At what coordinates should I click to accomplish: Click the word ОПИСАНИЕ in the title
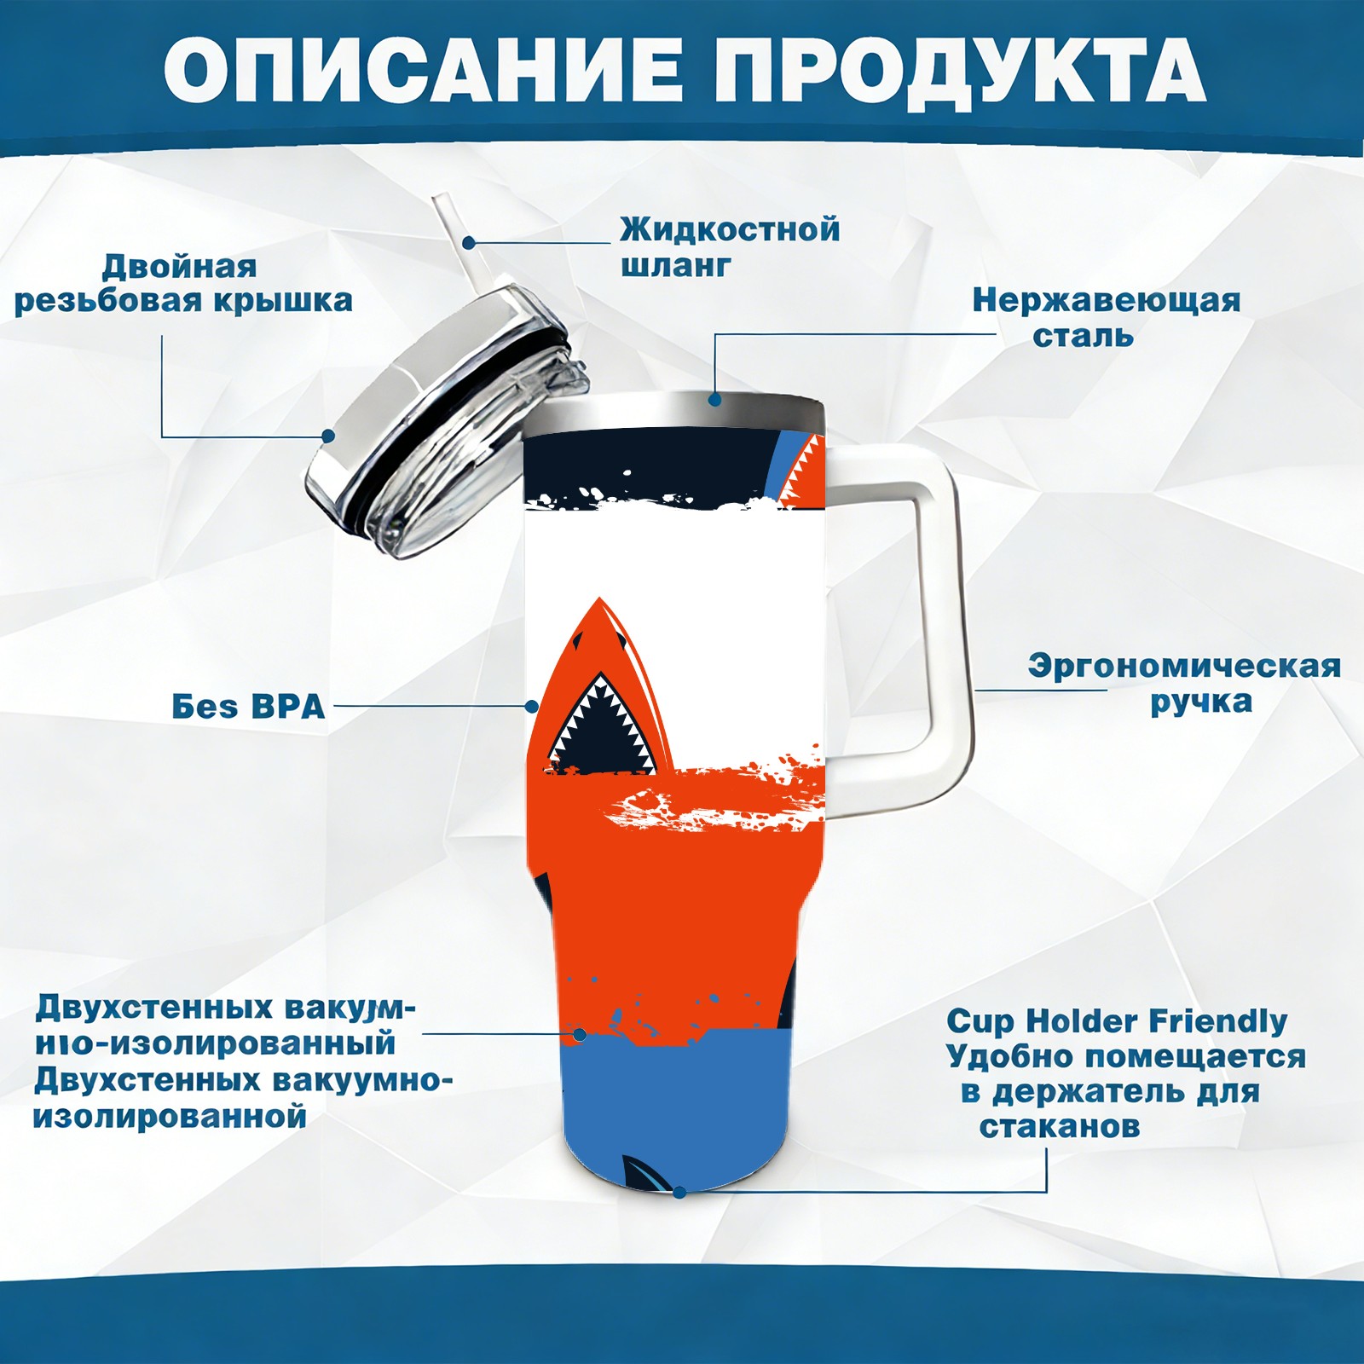click(423, 71)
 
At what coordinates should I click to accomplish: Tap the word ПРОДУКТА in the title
click(960, 71)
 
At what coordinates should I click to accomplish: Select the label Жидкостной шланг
click(730, 247)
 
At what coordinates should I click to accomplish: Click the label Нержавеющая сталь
click(1107, 317)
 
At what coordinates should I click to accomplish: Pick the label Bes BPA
click(248, 707)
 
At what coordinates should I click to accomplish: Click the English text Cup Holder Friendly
click(1117, 1020)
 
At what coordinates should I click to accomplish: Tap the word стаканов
click(1059, 1126)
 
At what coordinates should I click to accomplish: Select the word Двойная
click(179, 267)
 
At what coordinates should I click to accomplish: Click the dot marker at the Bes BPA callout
click(532, 707)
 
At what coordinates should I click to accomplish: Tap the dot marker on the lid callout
click(327, 436)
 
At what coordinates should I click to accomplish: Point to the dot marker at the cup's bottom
click(679, 1191)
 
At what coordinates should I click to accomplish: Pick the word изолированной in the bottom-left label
click(170, 1116)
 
